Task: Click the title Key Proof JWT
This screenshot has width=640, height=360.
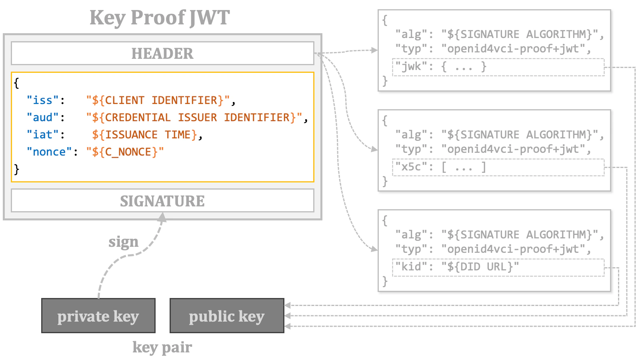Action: pyautogui.click(x=160, y=18)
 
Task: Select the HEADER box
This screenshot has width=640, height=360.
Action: pyautogui.click(x=162, y=53)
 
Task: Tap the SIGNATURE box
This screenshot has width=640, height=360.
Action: pyautogui.click(x=162, y=201)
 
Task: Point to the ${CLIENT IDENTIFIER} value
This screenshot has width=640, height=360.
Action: pyautogui.click(x=158, y=100)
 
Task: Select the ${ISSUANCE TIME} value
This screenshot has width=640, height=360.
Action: pyautogui.click(x=144, y=135)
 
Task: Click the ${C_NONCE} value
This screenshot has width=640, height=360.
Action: pyautogui.click(x=125, y=152)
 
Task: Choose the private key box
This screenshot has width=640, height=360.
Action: pyautogui.click(x=98, y=316)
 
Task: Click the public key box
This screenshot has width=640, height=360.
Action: pyautogui.click(x=227, y=316)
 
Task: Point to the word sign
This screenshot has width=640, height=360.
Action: pyautogui.click(x=123, y=242)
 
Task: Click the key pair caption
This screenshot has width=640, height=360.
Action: pyautogui.click(x=162, y=347)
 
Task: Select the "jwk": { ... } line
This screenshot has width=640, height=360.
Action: pyautogui.click(x=440, y=67)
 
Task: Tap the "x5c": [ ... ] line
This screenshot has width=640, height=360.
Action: pyautogui.click(x=440, y=167)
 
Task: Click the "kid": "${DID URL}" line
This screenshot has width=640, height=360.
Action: pyautogui.click(x=456, y=267)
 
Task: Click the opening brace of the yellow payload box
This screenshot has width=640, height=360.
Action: pyautogui.click(x=16, y=83)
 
